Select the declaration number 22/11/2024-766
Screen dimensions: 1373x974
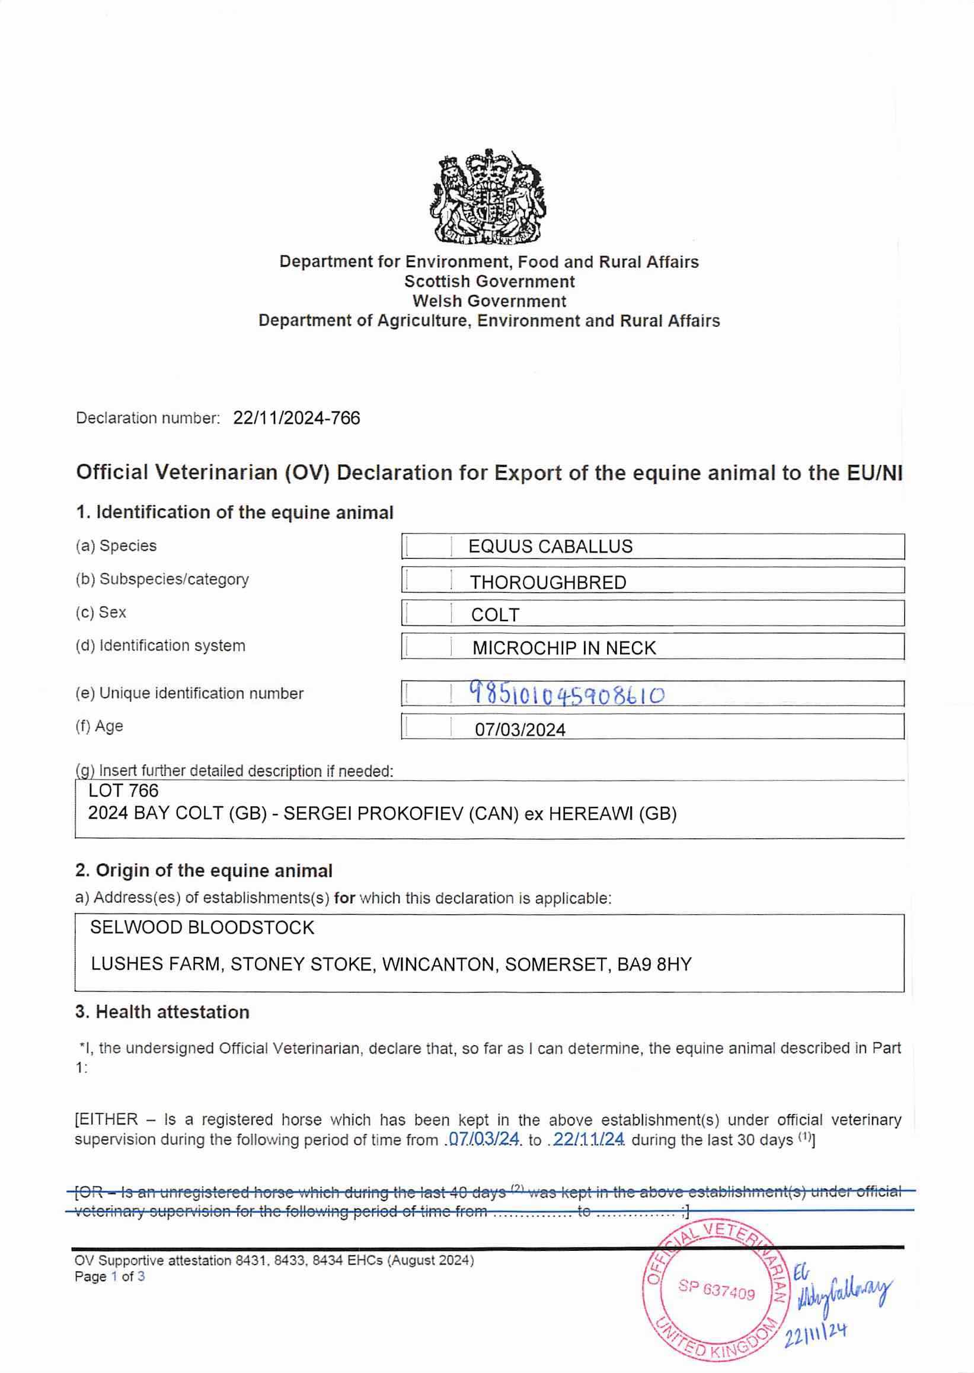(x=296, y=418)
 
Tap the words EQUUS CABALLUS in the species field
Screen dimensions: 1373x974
(x=550, y=547)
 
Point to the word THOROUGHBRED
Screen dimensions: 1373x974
(x=548, y=582)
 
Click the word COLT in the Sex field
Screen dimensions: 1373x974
(x=495, y=615)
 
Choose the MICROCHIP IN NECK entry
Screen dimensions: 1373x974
(x=564, y=648)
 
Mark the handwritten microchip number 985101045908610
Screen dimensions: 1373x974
(x=566, y=695)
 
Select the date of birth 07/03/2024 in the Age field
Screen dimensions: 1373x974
(x=520, y=729)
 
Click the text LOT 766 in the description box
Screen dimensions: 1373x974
(x=123, y=791)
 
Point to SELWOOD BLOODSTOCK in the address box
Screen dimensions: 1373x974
(x=202, y=927)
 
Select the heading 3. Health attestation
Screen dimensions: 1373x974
(x=162, y=1012)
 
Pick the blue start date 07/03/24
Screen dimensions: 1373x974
(x=484, y=1139)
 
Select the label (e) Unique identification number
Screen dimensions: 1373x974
(x=190, y=694)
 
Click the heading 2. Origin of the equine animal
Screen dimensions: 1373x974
(x=204, y=870)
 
